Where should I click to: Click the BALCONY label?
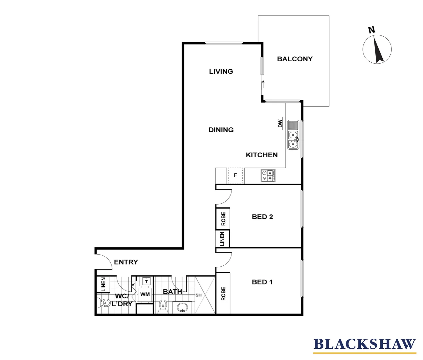tap(295, 59)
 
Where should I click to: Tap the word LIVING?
tap(221, 71)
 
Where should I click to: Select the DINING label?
tap(221, 130)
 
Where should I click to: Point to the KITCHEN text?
tap(261, 155)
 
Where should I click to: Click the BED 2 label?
tap(262, 217)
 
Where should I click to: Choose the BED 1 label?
tap(262, 282)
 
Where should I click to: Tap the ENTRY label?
tap(126, 262)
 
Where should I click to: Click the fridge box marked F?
tap(235, 175)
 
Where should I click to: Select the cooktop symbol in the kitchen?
tap(268, 176)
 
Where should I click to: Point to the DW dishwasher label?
tap(280, 124)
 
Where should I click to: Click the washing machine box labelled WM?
tap(145, 294)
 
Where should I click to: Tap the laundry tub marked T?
tap(146, 282)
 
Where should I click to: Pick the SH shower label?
tap(199, 295)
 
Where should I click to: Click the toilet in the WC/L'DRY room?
tap(105, 303)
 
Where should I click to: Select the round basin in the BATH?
tap(182, 307)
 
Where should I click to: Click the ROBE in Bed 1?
tap(223, 294)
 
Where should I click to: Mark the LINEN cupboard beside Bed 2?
tap(222, 239)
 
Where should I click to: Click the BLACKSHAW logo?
tap(365, 344)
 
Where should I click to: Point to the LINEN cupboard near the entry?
tap(103, 284)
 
